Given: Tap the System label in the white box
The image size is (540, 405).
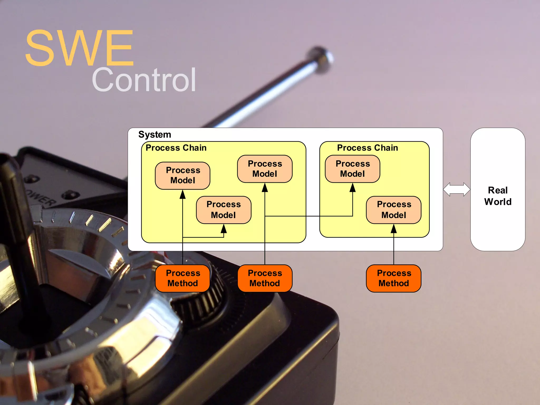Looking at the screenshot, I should (155, 134).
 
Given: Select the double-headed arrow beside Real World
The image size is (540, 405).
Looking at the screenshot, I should (456, 189).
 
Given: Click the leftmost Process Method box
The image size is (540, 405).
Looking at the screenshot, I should (183, 278).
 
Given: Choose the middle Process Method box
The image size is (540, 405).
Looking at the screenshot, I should (265, 278).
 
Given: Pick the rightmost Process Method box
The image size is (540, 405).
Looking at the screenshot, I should (394, 278).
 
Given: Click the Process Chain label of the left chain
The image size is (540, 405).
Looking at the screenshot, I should (176, 148).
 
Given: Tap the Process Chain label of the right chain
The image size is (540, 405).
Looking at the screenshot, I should (367, 148).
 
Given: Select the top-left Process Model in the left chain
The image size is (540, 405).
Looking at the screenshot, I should (183, 175).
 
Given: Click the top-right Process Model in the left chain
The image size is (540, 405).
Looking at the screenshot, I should (265, 169).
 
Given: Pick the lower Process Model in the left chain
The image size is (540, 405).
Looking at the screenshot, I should (224, 210).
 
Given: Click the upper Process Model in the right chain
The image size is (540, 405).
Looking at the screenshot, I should (353, 169).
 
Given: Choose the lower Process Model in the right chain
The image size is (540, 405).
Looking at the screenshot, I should (394, 210).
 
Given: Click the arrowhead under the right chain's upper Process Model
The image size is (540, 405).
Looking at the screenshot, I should (353, 188).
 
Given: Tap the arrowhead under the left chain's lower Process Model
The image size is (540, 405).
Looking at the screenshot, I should (224, 229).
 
